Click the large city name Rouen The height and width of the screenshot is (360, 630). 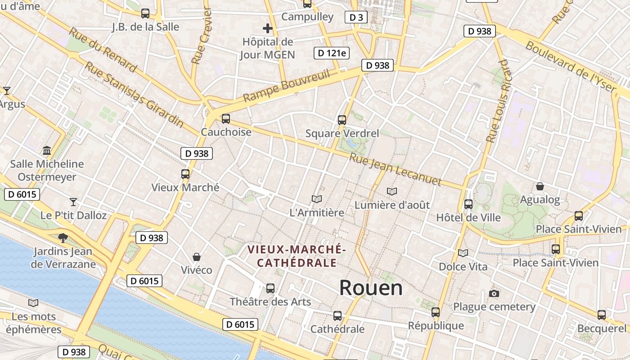tap(371, 288)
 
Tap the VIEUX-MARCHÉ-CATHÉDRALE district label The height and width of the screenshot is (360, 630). tap(297, 256)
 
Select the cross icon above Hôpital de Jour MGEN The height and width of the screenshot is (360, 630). tap(268, 28)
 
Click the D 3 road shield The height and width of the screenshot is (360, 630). tap(356, 17)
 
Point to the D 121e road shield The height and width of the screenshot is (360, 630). tap(332, 53)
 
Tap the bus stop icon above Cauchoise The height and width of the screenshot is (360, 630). tap(226, 119)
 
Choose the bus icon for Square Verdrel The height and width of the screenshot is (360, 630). tap(342, 120)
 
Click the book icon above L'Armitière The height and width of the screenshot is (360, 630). tap(317, 199)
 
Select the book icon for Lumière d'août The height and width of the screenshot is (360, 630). tap(392, 192)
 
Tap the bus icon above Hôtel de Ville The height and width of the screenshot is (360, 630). tap(468, 204)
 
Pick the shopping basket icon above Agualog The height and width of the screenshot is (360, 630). tap(540, 186)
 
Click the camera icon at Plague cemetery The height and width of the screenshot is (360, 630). tap(494, 294)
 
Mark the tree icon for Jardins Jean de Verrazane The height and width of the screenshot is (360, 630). tap(63, 237)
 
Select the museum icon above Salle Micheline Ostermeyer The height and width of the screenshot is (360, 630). tap(47, 150)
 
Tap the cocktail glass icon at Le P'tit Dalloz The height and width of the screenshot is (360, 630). tap(73, 202)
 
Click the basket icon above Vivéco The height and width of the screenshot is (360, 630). tap(197, 257)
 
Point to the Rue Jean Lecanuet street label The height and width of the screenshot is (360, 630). tap(395, 169)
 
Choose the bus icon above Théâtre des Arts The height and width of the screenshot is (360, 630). tap(270, 288)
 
